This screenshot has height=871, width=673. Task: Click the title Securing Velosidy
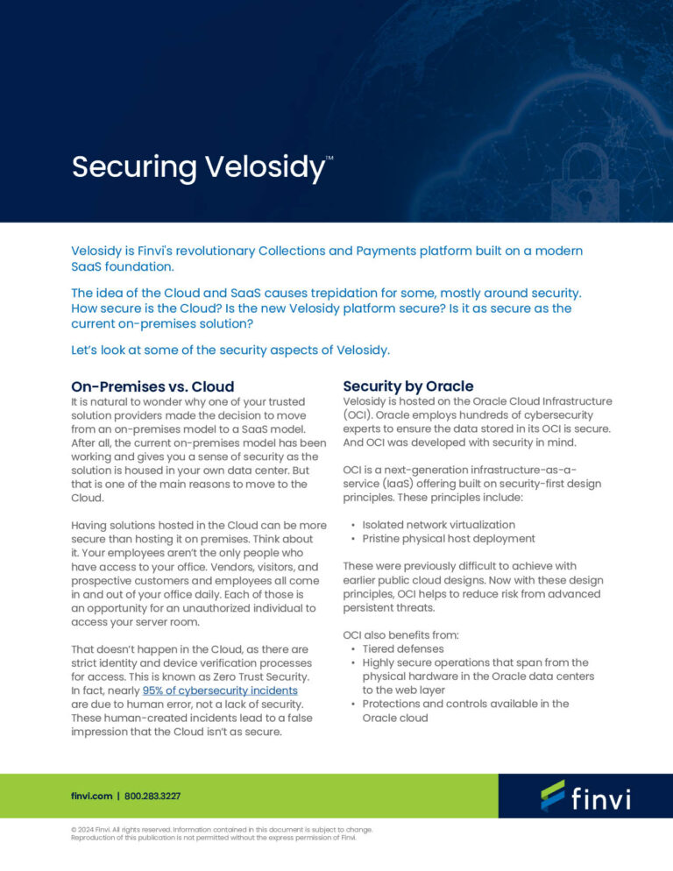point(197,166)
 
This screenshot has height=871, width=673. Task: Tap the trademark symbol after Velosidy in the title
point(329,159)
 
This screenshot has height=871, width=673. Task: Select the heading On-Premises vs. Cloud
point(152,386)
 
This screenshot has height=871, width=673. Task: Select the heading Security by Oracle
point(407,386)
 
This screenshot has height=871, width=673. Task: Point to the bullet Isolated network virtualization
point(438,524)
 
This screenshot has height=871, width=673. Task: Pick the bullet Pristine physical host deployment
point(448,539)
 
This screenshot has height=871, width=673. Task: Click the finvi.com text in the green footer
point(91,796)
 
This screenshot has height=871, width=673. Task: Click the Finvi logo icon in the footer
point(553,795)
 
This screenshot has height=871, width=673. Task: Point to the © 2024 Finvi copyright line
point(221,829)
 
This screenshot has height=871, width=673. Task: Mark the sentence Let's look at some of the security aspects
point(230,351)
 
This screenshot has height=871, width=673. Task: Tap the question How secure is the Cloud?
point(146,308)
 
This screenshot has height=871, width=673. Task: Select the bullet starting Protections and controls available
point(465,704)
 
